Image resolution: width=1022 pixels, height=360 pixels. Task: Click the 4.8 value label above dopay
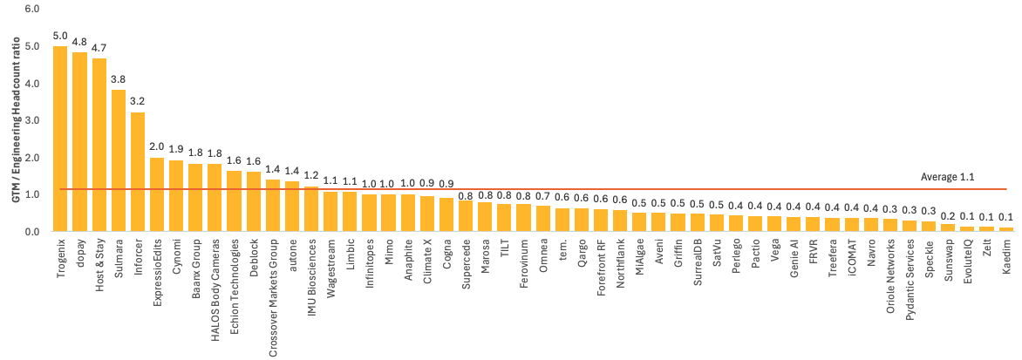[79, 42]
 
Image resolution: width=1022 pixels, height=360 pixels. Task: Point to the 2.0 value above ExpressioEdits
[157, 147]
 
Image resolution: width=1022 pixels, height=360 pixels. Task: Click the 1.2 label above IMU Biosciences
[311, 176]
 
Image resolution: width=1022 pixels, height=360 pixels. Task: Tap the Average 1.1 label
[947, 177]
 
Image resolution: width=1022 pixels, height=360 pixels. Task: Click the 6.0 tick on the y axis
[33, 9]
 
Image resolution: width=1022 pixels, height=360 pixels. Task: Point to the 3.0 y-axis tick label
[33, 120]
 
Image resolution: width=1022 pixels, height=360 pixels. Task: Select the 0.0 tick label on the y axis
[33, 232]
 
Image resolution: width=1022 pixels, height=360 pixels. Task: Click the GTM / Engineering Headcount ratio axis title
[17, 122]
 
